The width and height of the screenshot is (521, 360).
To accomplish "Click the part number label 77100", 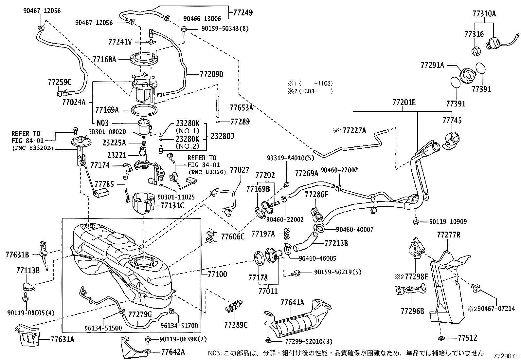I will tap(217, 274).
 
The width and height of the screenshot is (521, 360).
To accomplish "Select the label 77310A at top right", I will tap(484, 14).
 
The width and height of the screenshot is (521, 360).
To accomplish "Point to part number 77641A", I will tap(292, 302).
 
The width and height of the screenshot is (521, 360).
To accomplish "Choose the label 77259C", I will tap(60, 82).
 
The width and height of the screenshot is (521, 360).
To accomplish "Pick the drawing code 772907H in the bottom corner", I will tap(507, 356).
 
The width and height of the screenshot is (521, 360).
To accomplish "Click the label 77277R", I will tap(449, 235).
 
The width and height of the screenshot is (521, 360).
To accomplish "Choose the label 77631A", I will tap(62, 340).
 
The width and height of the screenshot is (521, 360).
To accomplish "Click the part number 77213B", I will tap(336, 243).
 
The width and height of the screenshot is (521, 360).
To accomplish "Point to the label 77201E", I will tap(404, 103).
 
